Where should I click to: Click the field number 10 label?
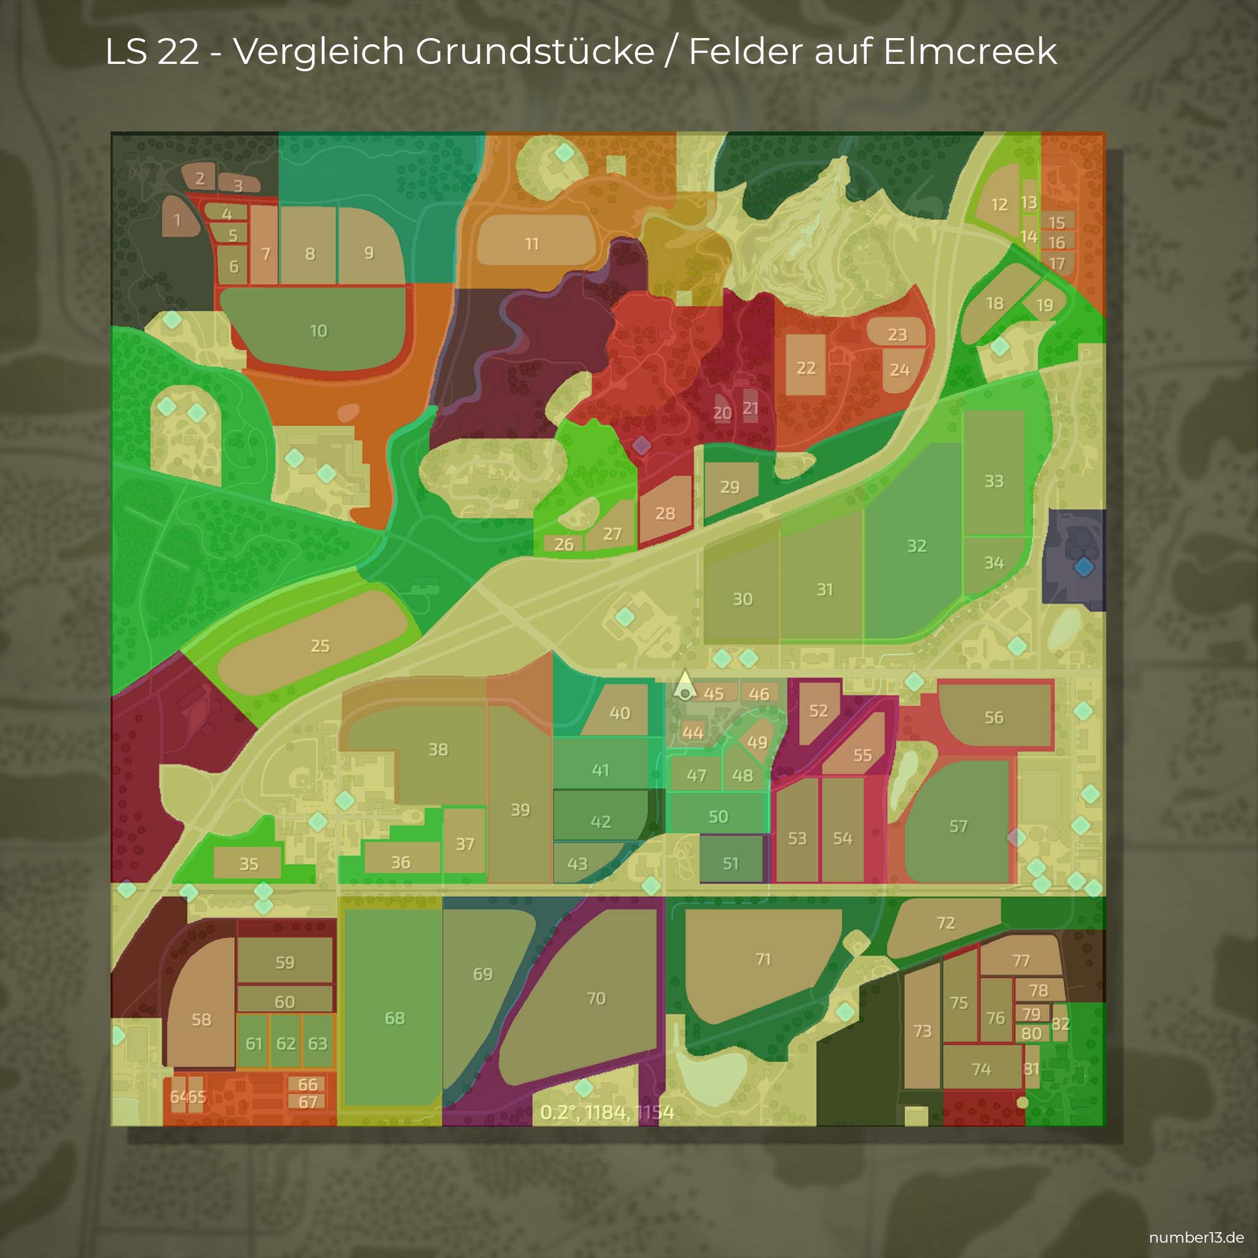tap(318, 331)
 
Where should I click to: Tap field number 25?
tap(319, 646)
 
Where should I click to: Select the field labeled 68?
tap(394, 1018)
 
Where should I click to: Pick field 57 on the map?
tap(958, 826)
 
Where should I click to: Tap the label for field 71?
tap(763, 959)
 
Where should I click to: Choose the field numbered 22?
tap(806, 368)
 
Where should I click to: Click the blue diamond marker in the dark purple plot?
tap(1084, 566)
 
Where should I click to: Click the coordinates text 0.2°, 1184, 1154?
tap(607, 1112)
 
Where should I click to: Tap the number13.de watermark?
tap(1196, 1237)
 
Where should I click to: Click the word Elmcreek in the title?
tap(970, 51)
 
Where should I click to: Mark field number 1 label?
tap(177, 220)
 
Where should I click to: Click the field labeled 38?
tap(438, 749)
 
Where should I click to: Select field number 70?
tap(596, 998)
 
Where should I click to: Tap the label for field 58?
tap(201, 1020)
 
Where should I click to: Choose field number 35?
tap(249, 864)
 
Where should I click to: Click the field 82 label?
tap(1060, 1023)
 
